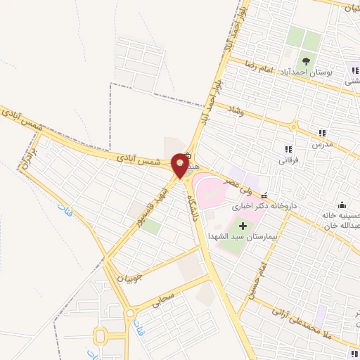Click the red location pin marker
(x=181, y=166)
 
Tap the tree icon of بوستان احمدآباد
(x=306, y=61)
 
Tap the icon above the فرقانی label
(x=288, y=148)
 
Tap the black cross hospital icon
(x=243, y=226)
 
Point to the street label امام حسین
(x=254, y=283)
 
